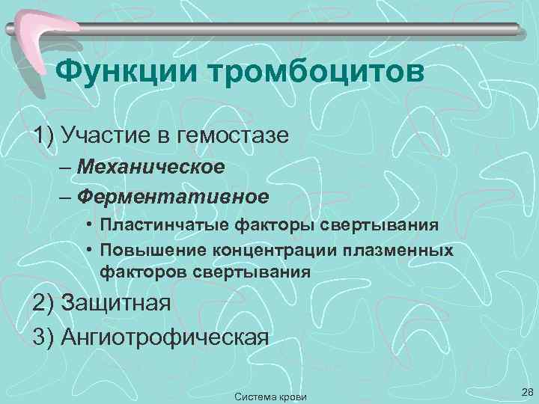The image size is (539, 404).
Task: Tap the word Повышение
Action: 150,249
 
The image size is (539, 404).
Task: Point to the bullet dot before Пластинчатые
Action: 89,226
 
